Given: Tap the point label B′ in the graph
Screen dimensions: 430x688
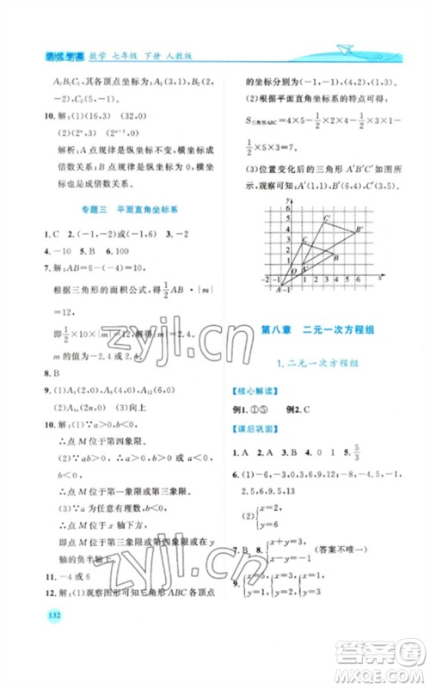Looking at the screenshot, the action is [358, 228].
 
